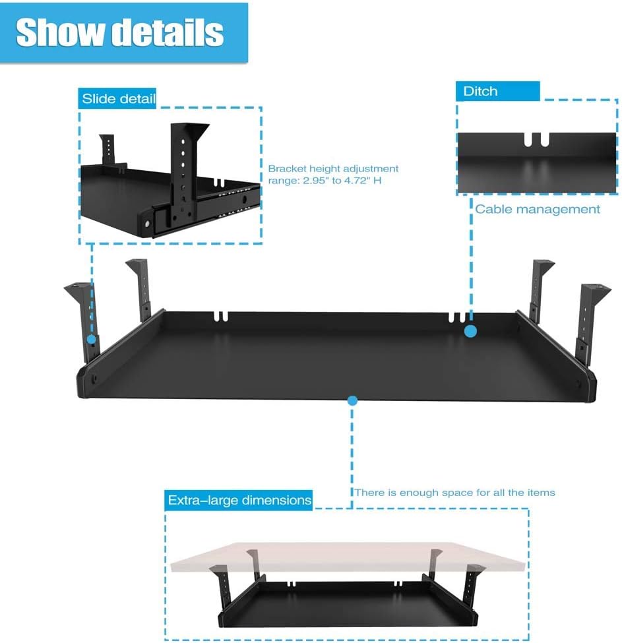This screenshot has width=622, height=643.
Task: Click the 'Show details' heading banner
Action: click(x=124, y=33)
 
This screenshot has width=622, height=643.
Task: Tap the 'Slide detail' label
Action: click(x=117, y=98)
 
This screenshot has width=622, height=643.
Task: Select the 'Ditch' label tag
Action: click(x=497, y=91)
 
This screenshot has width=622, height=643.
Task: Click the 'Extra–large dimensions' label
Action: click(x=239, y=501)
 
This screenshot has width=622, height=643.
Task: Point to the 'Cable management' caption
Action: click(x=537, y=209)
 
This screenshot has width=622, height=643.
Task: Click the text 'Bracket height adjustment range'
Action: click(x=333, y=174)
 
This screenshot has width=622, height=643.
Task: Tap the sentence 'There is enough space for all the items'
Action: click(x=454, y=493)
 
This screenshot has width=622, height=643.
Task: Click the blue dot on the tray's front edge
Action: click(x=352, y=401)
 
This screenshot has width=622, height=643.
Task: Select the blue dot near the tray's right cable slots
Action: click(x=471, y=331)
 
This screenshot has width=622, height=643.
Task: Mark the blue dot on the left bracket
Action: click(x=92, y=340)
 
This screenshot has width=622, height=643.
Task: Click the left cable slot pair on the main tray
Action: click(x=221, y=316)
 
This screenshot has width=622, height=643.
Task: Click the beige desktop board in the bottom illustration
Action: click(x=348, y=557)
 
